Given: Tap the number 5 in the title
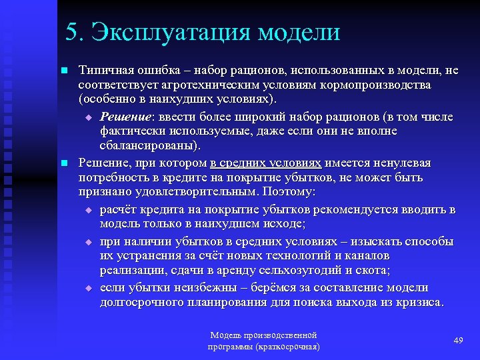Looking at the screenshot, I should tap(72, 33).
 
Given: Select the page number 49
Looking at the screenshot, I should tap(458, 341).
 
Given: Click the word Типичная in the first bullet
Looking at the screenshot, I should tap(101, 70).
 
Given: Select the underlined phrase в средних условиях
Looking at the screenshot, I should tap(266, 163).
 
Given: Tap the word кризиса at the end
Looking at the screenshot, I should tap(421, 302).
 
